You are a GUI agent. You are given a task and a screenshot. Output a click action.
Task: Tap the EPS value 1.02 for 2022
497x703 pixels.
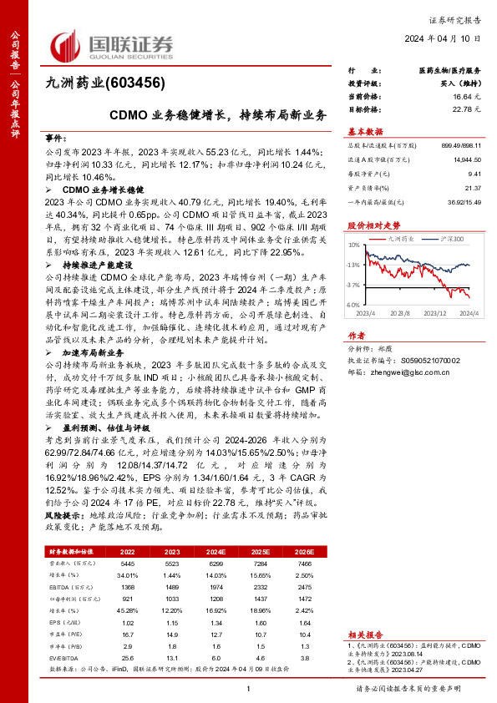128,623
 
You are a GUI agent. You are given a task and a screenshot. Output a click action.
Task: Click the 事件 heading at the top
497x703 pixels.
54,136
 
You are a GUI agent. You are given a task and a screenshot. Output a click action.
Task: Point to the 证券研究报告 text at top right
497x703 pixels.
458,18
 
